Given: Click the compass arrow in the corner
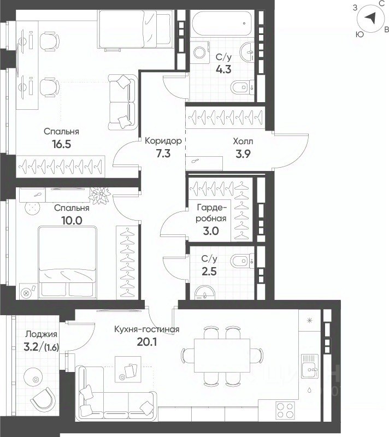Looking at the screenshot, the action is (x=370, y=19).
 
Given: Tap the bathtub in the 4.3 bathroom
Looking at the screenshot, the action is (x=222, y=23).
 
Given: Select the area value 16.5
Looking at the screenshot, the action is (x=62, y=144).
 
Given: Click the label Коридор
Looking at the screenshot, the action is (x=163, y=141).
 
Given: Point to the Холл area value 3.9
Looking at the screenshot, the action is (x=243, y=154).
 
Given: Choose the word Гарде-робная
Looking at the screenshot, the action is (x=211, y=213).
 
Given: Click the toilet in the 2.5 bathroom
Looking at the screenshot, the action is (x=242, y=261).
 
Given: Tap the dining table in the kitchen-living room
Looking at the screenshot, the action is (x=222, y=356).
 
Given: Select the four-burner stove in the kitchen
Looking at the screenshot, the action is (x=285, y=411).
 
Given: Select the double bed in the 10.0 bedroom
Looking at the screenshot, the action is (x=67, y=262).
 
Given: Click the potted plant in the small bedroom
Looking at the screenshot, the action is (x=99, y=195).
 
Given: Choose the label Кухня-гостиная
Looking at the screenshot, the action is (x=146, y=329).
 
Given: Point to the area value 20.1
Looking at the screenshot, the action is (x=147, y=342).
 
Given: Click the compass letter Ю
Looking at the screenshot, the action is (x=359, y=34).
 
